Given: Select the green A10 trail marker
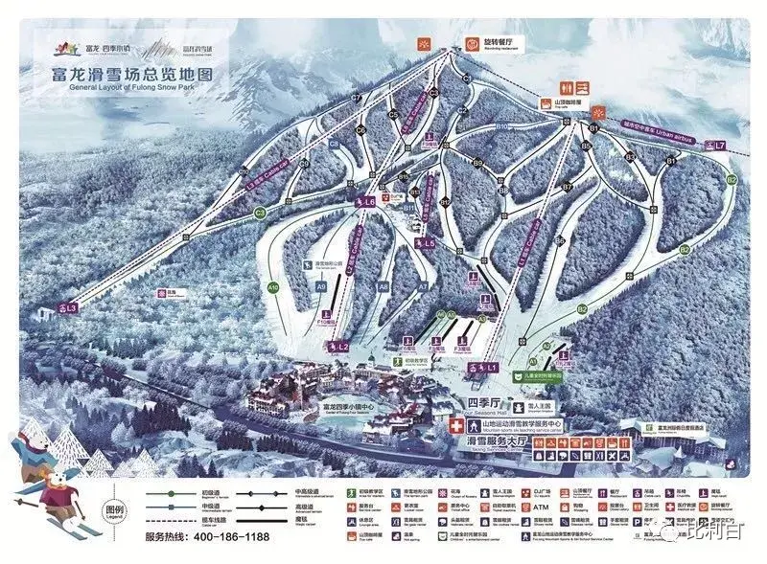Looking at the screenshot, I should tap(273, 286).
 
